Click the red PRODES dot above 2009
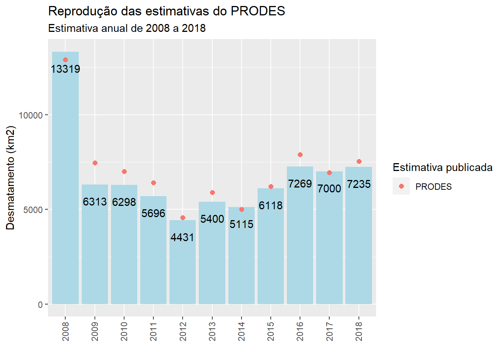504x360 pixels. pos(95,163)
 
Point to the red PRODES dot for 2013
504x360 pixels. pos(212,192)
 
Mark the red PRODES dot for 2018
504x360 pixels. pos(359,161)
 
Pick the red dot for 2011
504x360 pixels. pos(153,183)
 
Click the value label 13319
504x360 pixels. pos(65,69)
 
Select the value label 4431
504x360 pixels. pos(183,237)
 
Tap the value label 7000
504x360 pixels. pos(329,188)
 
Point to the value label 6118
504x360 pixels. pos(271,205)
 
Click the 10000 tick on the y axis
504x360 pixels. pos(31,115)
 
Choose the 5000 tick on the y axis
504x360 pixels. pos(33,210)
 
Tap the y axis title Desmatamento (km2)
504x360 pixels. pos(10,177)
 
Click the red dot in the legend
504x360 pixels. pos(401,186)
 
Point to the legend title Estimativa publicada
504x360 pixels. pos(442,167)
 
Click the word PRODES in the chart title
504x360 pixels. pos(258,11)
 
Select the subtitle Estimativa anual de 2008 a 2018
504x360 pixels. pos(127,28)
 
